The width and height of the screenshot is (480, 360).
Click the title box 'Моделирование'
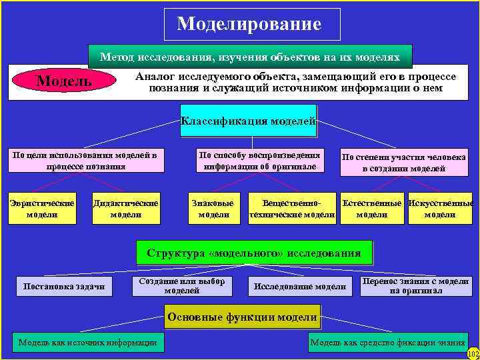click(x=252, y=25)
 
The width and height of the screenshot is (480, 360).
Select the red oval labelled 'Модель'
click(x=64, y=81)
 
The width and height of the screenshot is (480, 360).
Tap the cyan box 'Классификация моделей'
click(x=248, y=121)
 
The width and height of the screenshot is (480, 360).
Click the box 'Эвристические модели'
click(x=41, y=209)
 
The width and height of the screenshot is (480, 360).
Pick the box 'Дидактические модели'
click(x=125, y=209)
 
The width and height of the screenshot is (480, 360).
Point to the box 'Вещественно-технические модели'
click(x=291, y=209)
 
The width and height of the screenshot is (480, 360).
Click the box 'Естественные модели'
click(x=372, y=209)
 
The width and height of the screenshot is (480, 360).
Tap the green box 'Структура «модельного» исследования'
click(x=254, y=253)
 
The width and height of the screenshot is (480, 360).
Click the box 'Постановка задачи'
click(x=64, y=287)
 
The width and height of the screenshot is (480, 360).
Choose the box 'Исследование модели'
click(x=300, y=287)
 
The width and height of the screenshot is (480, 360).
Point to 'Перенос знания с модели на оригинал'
click(x=415, y=286)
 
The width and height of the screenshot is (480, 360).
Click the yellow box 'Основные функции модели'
click(x=242, y=317)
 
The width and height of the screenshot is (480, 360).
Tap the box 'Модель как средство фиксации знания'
click(x=387, y=343)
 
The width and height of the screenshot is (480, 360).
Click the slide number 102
click(x=473, y=354)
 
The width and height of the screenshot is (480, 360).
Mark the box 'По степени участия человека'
click(x=403, y=163)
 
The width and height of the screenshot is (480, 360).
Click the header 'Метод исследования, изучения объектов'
click(x=250, y=57)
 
